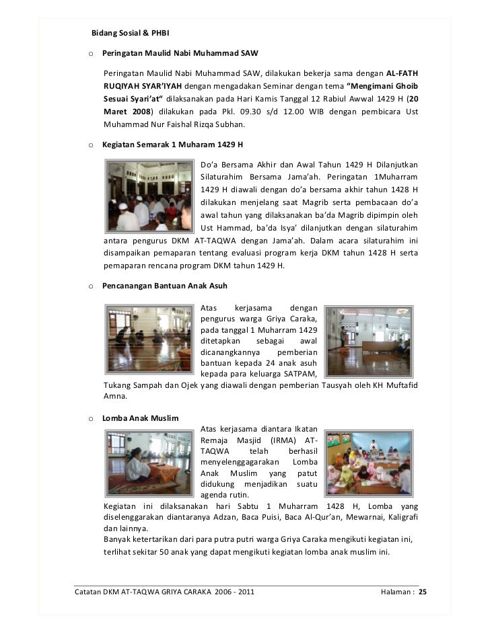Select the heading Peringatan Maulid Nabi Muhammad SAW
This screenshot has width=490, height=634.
(180, 52)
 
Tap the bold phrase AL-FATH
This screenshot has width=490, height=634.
(405, 73)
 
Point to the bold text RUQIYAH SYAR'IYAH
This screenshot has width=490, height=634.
(142, 85)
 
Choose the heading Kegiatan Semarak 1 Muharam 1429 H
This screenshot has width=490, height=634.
(172, 145)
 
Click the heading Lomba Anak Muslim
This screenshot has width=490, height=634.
(140, 418)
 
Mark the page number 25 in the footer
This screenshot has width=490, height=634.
(423, 592)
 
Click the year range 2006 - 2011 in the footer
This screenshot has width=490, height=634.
(235, 592)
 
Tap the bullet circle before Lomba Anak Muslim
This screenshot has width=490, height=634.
(90, 419)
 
